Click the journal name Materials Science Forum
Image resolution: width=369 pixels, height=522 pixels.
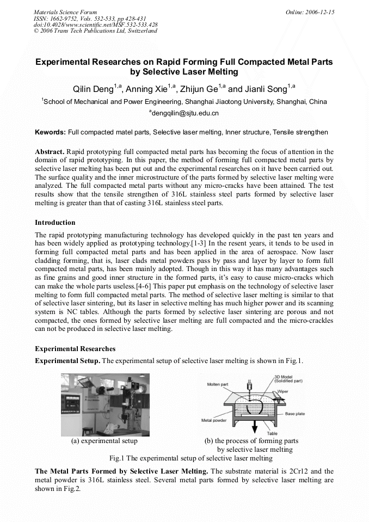[65, 12]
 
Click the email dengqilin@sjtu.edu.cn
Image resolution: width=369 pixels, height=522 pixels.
[184, 113]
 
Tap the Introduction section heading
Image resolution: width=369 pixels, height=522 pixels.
[55, 223]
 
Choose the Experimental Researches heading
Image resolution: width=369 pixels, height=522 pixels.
[75, 348]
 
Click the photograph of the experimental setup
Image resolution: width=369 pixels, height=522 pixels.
[105, 404]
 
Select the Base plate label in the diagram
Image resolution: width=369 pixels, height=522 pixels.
[295, 414]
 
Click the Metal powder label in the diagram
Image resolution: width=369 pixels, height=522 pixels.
[214, 420]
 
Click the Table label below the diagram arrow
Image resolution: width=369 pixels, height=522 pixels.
[272, 433]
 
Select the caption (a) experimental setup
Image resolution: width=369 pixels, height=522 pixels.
[104, 441]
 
